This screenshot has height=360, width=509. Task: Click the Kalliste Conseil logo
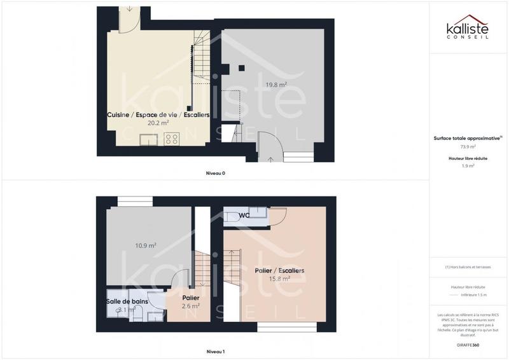(x=469, y=28)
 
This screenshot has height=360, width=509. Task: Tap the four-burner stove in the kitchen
(x=171, y=138)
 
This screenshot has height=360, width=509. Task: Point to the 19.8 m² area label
(x=275, y=85)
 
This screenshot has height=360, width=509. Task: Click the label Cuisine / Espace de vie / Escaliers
(x=158, y=114)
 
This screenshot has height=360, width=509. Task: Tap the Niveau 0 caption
(x=215, y=173)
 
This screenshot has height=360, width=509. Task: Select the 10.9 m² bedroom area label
(x=146, y=245)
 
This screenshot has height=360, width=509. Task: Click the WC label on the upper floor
(x=245, y=216)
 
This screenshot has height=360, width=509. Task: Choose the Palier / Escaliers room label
(x=279, y=270)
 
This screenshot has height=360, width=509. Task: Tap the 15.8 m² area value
(x=279, y=279)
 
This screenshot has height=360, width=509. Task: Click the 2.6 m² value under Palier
(x=191, y=306)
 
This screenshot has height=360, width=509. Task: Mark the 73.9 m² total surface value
(x=468, y=146)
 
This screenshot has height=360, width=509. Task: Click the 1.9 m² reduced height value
(x=468, y=165)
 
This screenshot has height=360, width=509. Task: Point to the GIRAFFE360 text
(x=468, y=344)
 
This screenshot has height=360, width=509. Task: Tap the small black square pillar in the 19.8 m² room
(x=242, y=67)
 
